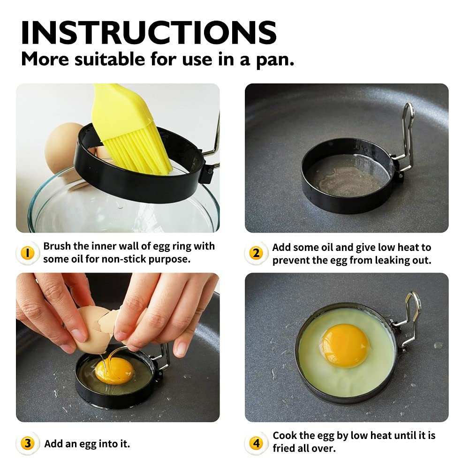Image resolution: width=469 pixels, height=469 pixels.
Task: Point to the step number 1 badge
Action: (x=27, y=253)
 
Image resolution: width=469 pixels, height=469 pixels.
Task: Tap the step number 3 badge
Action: (x=27, y=443)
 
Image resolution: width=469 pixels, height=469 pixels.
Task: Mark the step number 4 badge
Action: (x=256, y=443)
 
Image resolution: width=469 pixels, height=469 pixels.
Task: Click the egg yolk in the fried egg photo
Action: (x=345, y=345)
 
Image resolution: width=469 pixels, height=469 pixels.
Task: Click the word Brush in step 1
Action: (x=58, y=246)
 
